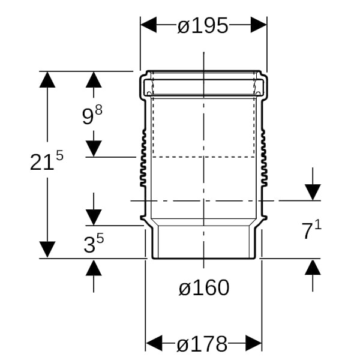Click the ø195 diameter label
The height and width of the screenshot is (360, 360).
[x=203, y=25]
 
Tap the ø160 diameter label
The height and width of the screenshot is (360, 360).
[x=204, y=287]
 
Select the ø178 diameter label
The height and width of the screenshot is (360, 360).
[x=202, y=344]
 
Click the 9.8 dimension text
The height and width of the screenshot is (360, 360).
[x=92, y=115]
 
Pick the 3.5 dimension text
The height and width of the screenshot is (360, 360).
[x=94, y=244]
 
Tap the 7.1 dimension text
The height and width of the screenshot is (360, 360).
[x=311, y=230]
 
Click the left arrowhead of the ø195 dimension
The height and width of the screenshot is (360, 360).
[x=149, y=25]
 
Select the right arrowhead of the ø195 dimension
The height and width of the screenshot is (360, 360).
[x=259, y=25]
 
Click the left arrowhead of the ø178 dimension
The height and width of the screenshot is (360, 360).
[x=154, y=343]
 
